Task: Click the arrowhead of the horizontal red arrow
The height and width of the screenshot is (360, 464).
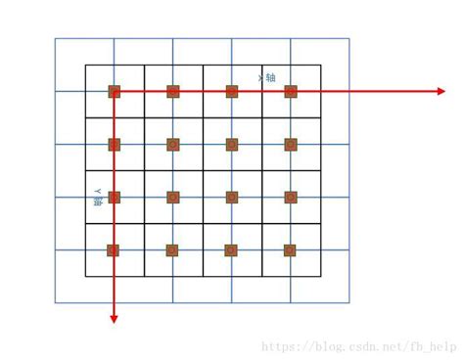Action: pos(441,91)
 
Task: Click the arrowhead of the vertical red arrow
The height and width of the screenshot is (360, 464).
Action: pos(114,317)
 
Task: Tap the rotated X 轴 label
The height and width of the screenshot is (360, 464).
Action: pos(266,76)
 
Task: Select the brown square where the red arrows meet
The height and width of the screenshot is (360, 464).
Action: pos(114,91)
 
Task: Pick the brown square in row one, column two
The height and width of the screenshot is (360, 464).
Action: pos(173,91)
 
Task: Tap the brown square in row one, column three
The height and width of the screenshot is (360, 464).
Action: pos(232,91)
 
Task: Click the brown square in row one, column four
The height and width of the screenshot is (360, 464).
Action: pos(291,91)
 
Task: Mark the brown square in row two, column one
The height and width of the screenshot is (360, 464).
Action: pos(114,144)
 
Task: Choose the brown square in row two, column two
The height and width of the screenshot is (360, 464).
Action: pos(173,144)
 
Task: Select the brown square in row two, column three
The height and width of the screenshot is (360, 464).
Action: pos(232,144)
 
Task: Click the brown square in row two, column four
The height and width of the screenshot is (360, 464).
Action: pos(291,144)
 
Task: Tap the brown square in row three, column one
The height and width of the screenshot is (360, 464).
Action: pos(114,197)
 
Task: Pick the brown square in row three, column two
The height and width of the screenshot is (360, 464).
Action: pos(173,197)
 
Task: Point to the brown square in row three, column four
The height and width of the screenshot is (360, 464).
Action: pos(291,197)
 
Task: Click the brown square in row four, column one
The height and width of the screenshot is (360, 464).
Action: pos(114,249)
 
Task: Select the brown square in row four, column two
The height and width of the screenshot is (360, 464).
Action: pos(173,249)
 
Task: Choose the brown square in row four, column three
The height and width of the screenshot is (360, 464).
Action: pos(232,249)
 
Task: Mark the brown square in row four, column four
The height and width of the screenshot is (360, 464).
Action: pos(291,249)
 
